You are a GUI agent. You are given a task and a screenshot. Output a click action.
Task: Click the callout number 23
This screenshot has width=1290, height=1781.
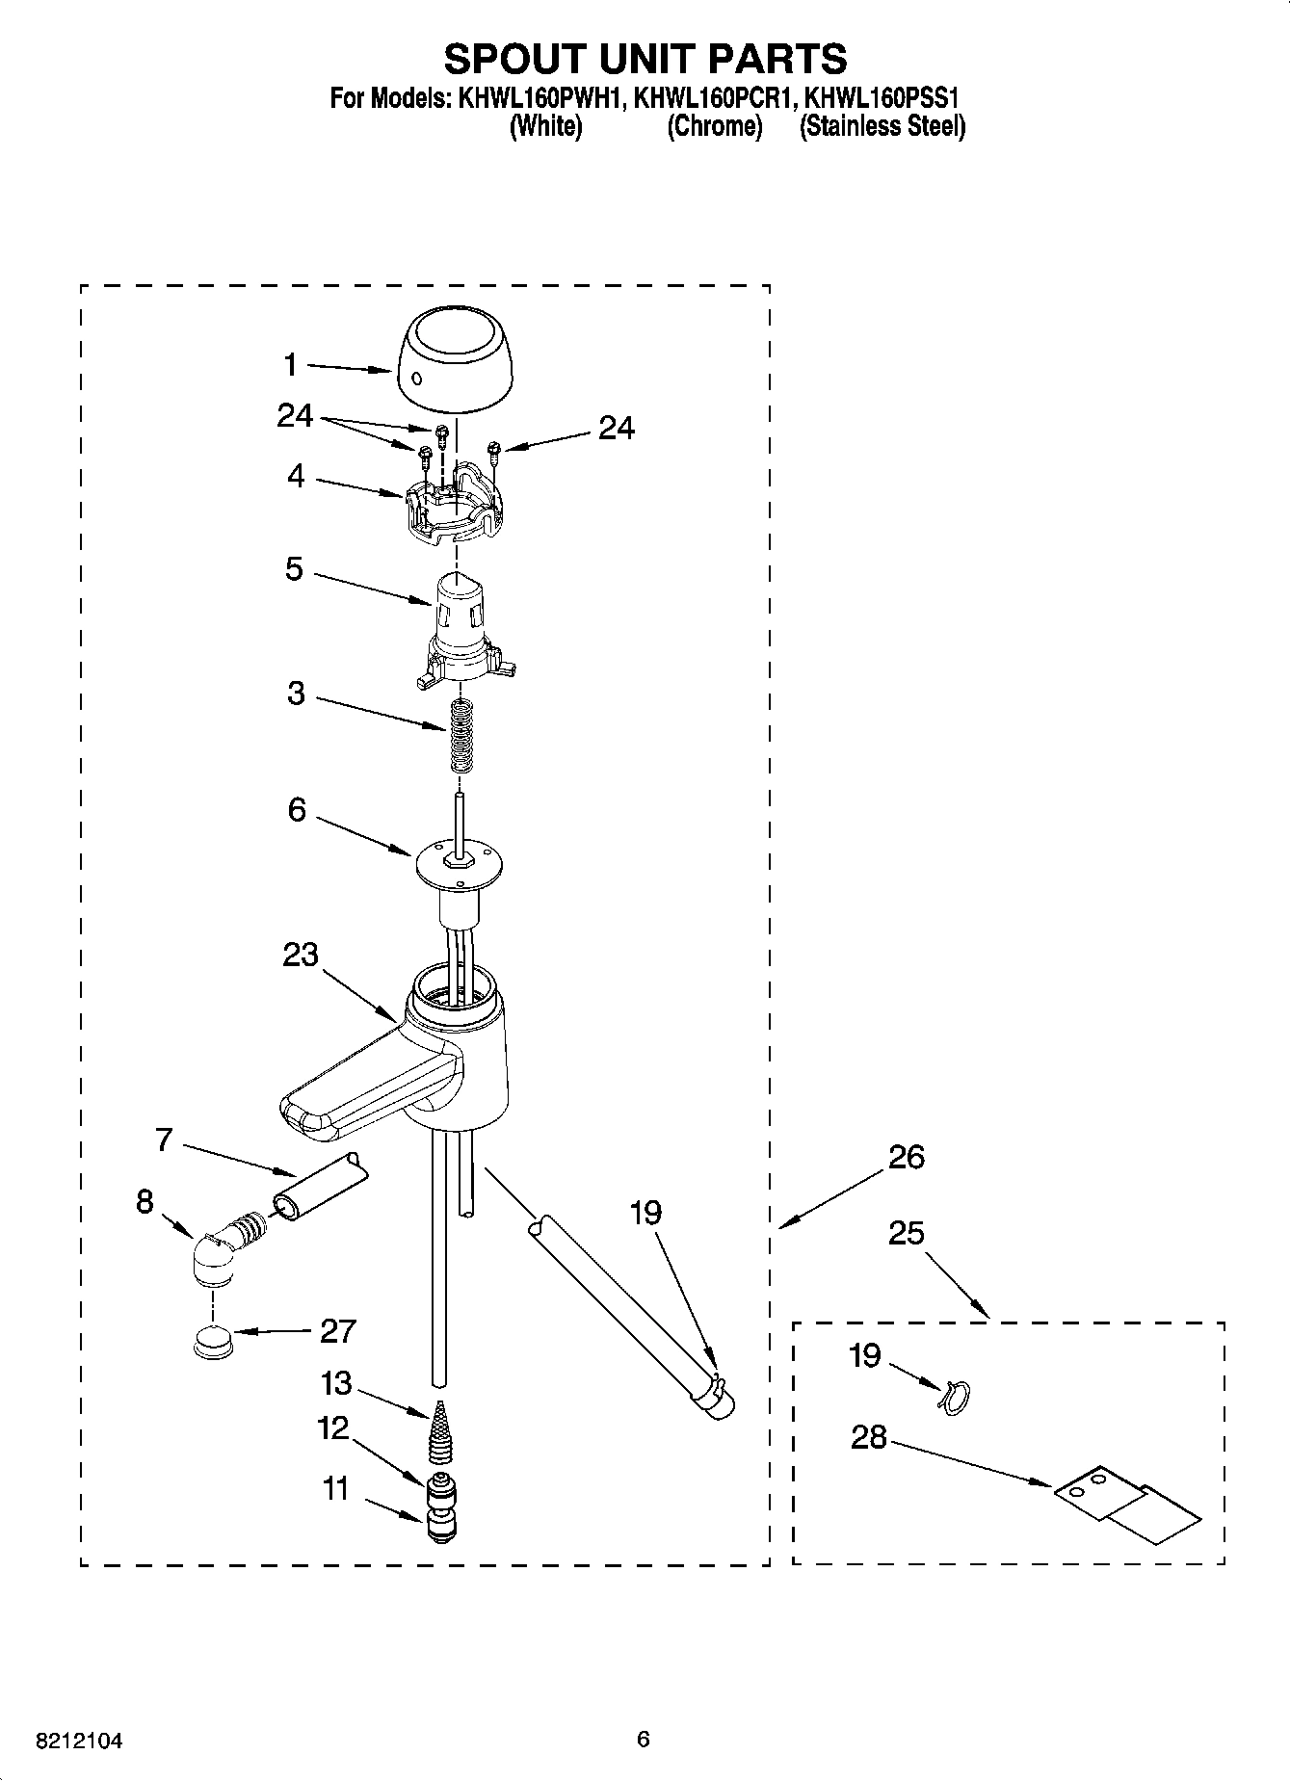point(301,956)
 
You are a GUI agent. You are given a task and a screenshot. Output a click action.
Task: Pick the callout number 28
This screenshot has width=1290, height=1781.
point(868,1437)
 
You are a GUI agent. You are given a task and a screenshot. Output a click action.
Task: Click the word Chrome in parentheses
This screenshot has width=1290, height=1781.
point(715,126)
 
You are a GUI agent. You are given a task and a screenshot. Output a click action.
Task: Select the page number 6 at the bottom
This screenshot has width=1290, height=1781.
point(644,1739)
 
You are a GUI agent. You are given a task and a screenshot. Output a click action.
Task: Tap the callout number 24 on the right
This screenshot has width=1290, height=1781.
point(616,428)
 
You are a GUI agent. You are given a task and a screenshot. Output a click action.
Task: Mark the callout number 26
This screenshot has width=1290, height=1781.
point(907,1156)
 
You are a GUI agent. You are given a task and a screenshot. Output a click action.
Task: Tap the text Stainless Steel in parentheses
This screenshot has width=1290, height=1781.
point(882,126)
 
